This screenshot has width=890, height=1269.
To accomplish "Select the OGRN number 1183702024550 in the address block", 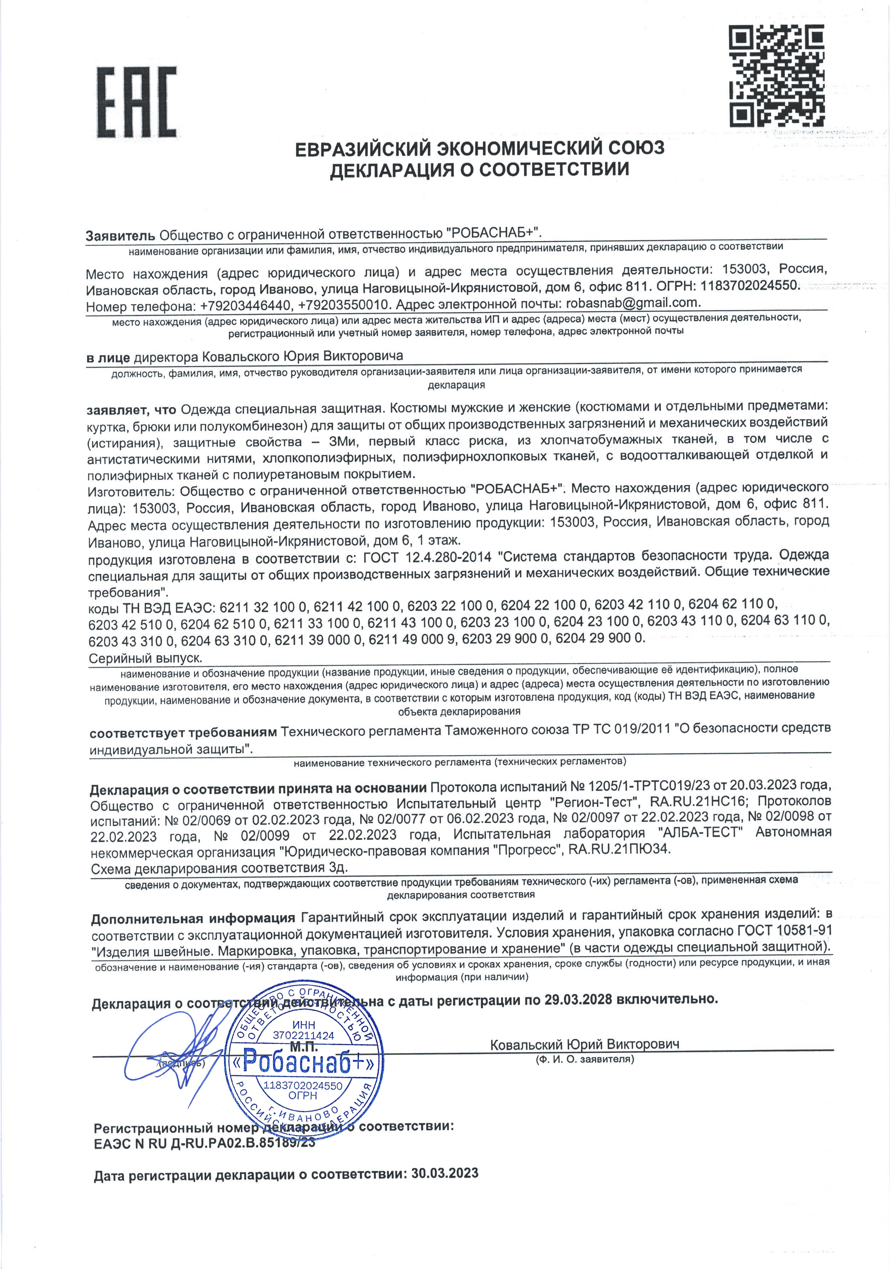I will point(750,286).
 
